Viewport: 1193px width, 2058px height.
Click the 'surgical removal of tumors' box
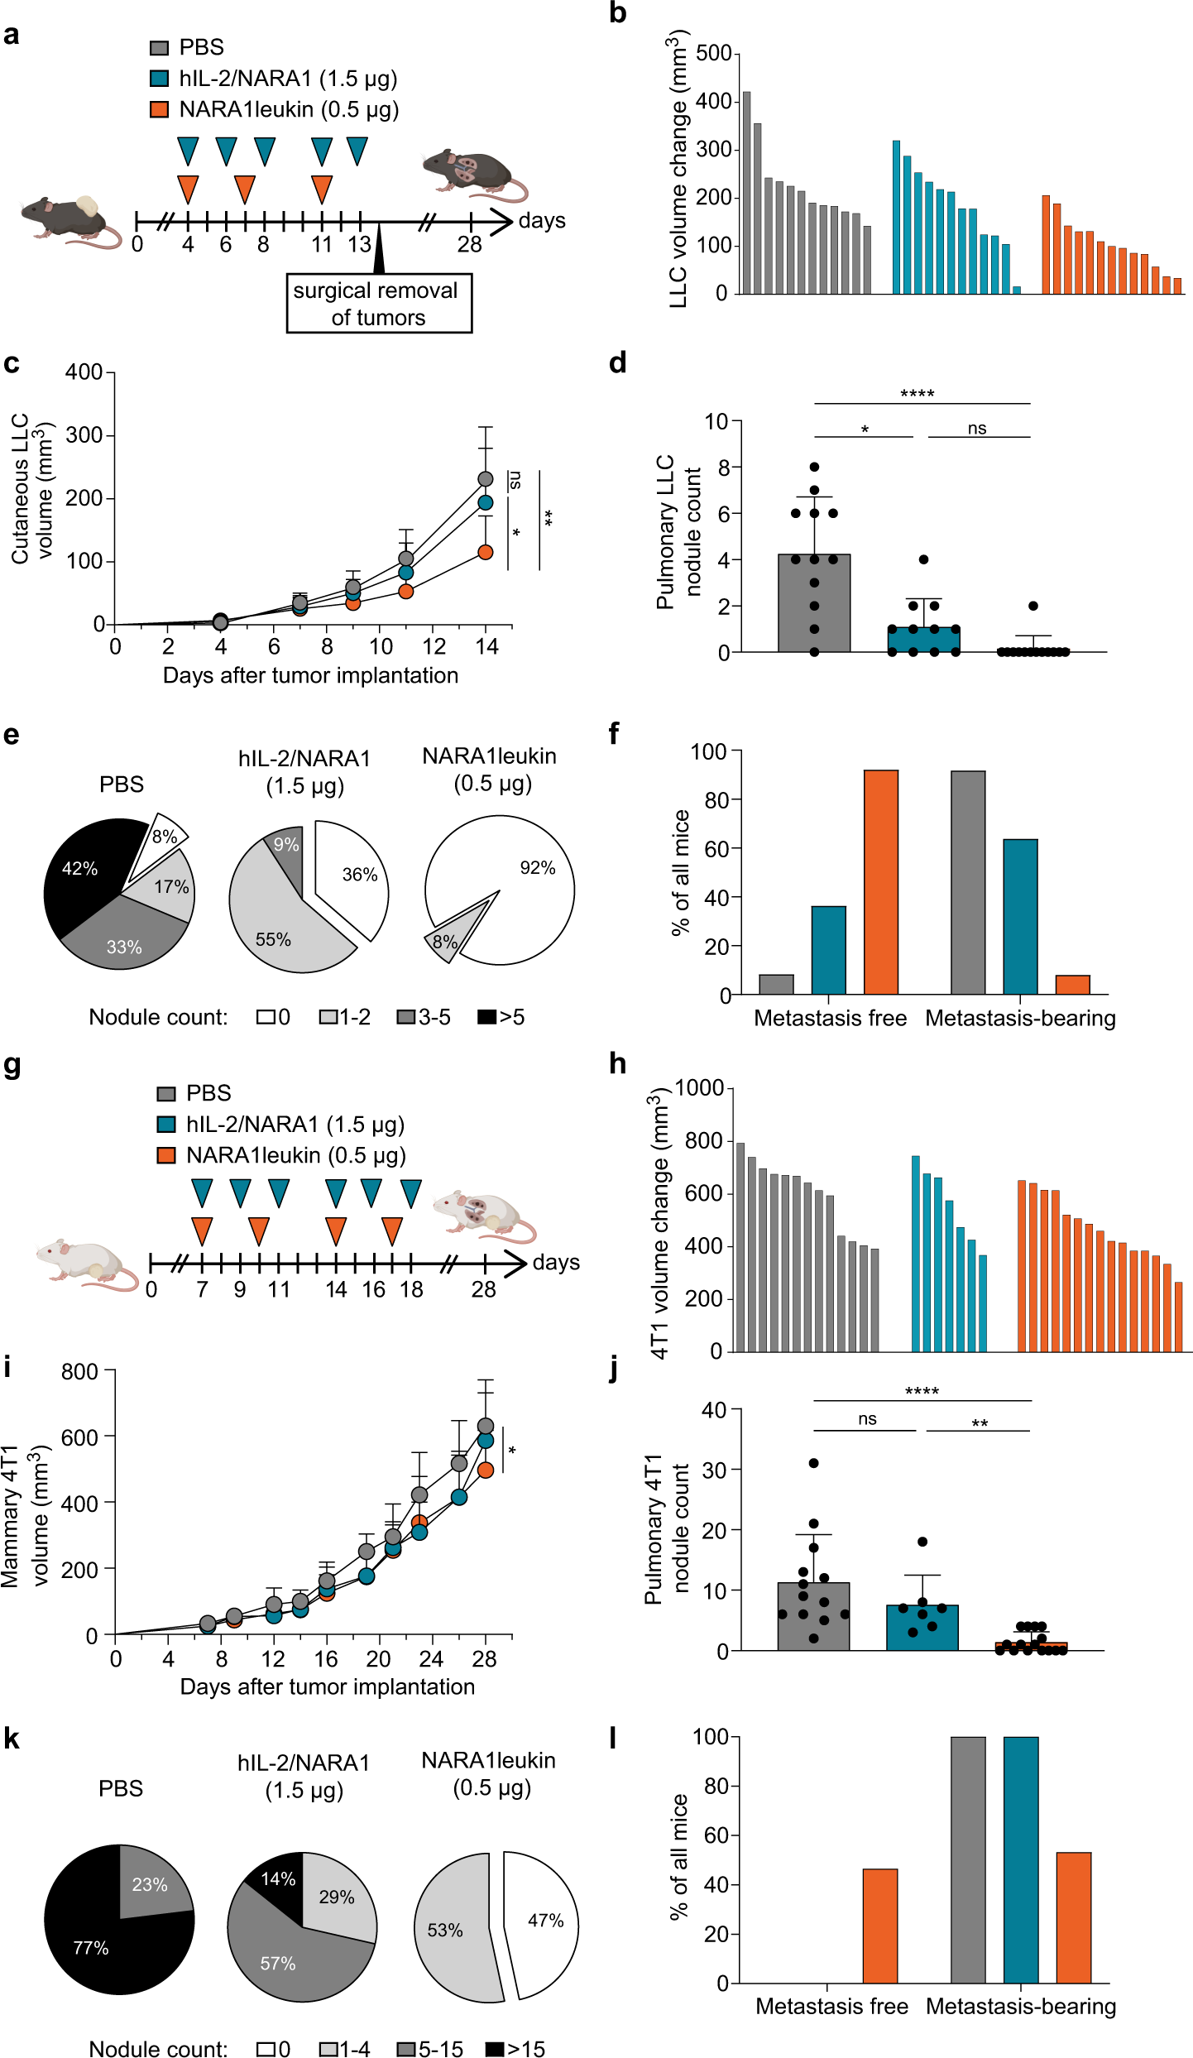coord(379,304)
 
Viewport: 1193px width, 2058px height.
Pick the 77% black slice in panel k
coord(99,1945)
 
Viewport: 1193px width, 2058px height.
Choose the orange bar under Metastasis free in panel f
coord(880,881)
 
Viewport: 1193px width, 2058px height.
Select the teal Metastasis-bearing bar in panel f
coord(1020,916)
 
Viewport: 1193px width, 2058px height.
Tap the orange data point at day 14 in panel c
coord(486,552)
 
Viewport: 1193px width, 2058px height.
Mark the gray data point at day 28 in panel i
coord(486,1426)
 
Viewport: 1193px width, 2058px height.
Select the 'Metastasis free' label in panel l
coord(831,2006)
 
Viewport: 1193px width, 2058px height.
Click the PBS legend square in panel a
coord(159,48)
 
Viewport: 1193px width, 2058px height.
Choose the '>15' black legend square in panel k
coord(494,2049)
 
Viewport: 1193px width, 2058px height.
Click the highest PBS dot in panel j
coord(813,1463)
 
